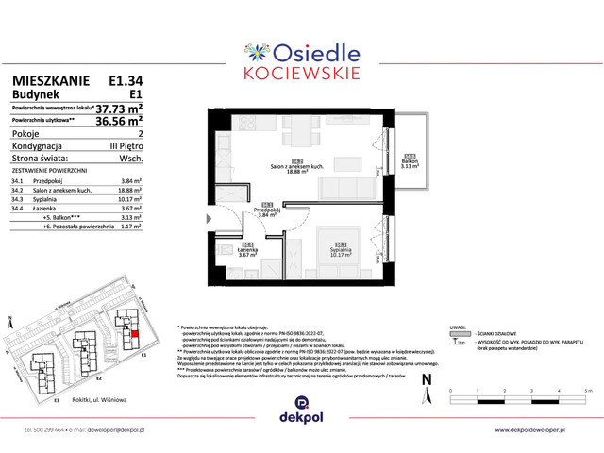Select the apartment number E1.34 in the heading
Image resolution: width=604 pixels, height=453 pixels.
coord(126,82)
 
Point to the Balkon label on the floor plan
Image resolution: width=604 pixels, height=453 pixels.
coord(409,160)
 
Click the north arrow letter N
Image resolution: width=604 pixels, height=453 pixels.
coord(427,378)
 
